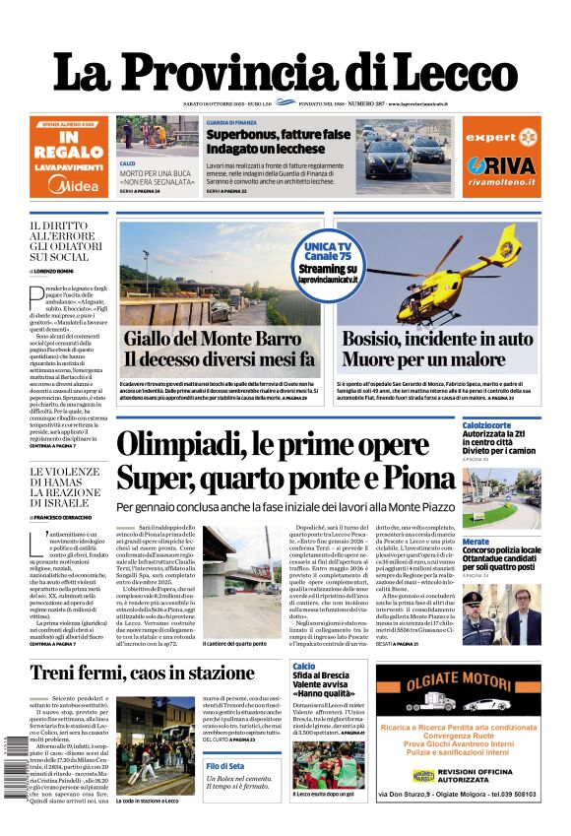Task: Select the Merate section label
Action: click(476, 542)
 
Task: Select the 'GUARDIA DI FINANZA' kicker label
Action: click(231, 122)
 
